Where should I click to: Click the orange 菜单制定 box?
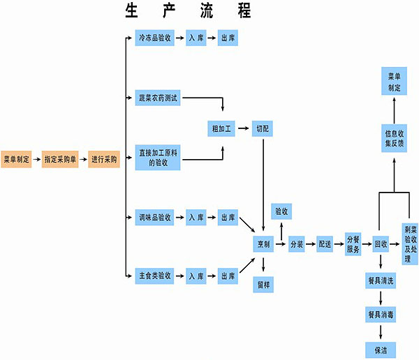pyautogui.click(x=17, y=160)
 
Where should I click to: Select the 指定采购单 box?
pyautogui.click(x=60, y=160)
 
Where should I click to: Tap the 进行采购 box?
pyautogui.click(x=105, y=160)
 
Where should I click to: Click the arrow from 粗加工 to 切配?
pyautogui.click(x=243, y=129)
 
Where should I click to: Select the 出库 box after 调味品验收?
pyautogui.click(x=228, y=218)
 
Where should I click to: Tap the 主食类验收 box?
pyautogui.click(x=154, y=276)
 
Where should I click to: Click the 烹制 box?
pyautogui.click(x=263, y=244)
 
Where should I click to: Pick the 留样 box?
pyautogui.click(x=263, y=284)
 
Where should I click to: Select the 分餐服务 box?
pyautogui.click(x=353, y=244)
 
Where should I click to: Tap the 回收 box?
pyautogui.click(x=381, y=244)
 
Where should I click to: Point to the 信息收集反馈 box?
pyautogui.click(x=395, y=138)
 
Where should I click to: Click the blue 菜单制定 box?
pyautogui.click(x=395, y=82)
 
